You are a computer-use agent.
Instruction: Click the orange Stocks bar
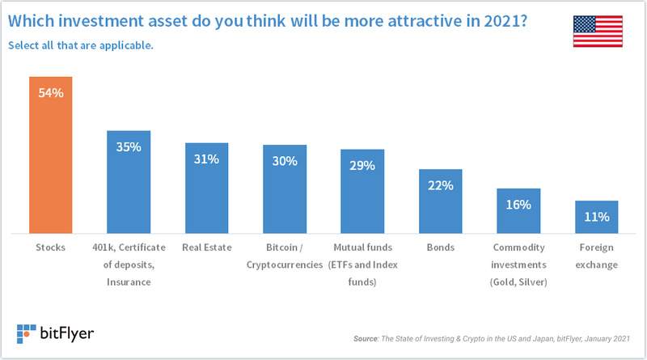tap(50, 155)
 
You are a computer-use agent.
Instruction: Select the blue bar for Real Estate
tap(206, 188)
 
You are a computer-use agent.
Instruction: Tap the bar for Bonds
tap(440, 201)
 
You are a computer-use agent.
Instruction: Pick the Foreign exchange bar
tap(596, 217)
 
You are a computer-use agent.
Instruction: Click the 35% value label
tap(129, 146)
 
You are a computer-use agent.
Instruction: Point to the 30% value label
tap(285, 161)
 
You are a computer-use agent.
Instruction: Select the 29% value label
tap(362, 166)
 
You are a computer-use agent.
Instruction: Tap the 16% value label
tap(518, 205)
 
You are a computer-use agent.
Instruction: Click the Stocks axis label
tap(50, 248)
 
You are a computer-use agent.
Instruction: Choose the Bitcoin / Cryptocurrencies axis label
tap(285, 256)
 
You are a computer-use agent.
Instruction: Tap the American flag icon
tap(598, 32)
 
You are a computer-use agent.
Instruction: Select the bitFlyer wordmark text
tap(67, 333)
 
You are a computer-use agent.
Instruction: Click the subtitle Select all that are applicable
tap(80, 45)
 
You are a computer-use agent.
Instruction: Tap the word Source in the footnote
tap(366, 338)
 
